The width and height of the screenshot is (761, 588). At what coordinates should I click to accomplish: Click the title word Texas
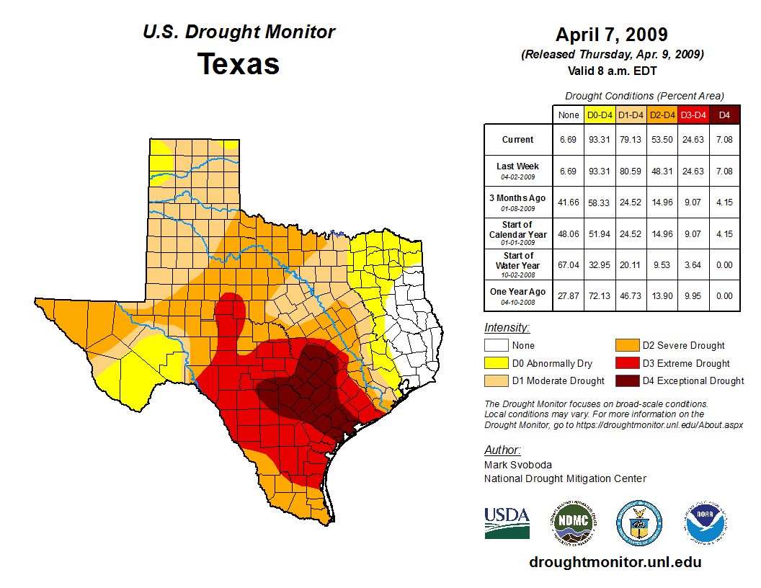(239, 64)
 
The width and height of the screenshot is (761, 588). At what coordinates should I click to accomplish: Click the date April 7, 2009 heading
(612, 35)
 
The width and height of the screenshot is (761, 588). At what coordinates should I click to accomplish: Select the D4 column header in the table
(724, 115)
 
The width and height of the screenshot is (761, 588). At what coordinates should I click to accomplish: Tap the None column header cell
(568, 115)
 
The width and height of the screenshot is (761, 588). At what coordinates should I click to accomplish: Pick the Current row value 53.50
(662, 140)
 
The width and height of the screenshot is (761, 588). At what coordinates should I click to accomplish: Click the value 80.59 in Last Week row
(631, 171)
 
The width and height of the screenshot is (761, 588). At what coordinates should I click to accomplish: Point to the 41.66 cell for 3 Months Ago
(568, 202)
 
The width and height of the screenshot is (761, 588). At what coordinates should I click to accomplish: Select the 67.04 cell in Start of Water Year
(568, 264)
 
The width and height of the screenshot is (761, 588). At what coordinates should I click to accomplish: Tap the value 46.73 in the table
(631, 295)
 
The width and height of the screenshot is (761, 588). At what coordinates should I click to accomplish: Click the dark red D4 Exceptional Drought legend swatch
(626, 380)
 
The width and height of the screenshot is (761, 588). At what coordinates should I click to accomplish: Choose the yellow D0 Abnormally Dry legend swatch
(496, 363)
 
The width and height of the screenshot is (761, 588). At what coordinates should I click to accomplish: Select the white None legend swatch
(496, 346)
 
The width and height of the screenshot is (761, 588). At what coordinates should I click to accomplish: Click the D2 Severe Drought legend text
(684, 346)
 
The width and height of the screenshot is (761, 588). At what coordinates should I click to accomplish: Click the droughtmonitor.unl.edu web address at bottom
(615, 562)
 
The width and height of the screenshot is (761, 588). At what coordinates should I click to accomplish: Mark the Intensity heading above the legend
(507, 328)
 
